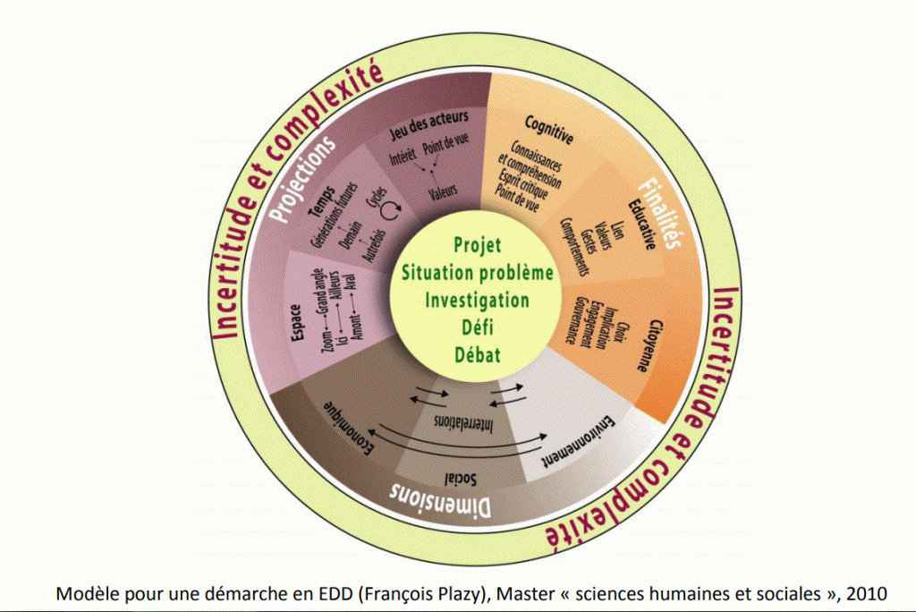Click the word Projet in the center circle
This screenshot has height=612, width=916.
pos(478,245)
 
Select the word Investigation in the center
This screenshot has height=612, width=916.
pos(477,300)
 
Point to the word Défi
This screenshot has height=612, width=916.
pos(476,327)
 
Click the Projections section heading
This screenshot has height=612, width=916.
pos(305,180)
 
